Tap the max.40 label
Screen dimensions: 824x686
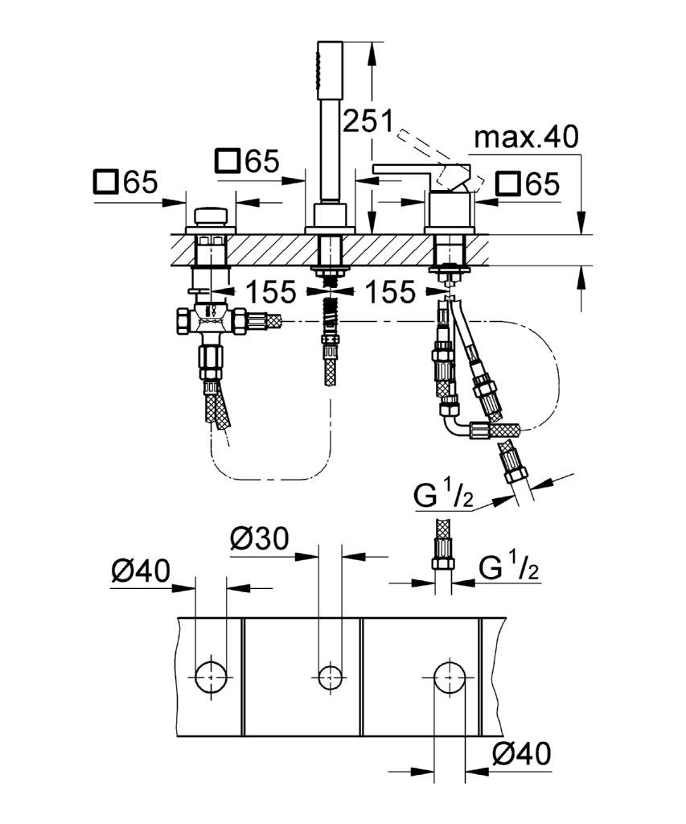[x=526, y=138]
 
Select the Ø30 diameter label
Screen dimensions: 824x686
[x=259, y=538]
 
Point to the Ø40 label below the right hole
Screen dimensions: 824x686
[x=521, y=754]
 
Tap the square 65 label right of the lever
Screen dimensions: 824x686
[x=527, y=184]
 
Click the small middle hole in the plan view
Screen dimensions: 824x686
[x=328, y=676]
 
